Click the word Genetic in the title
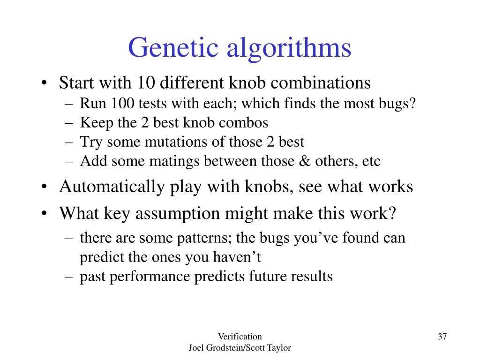pos(174,48)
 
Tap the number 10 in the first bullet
pos(147,83)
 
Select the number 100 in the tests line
pos(122,104)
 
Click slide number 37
pos(442,337)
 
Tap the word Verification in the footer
pos(240,337)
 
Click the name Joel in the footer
pos(196,348)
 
